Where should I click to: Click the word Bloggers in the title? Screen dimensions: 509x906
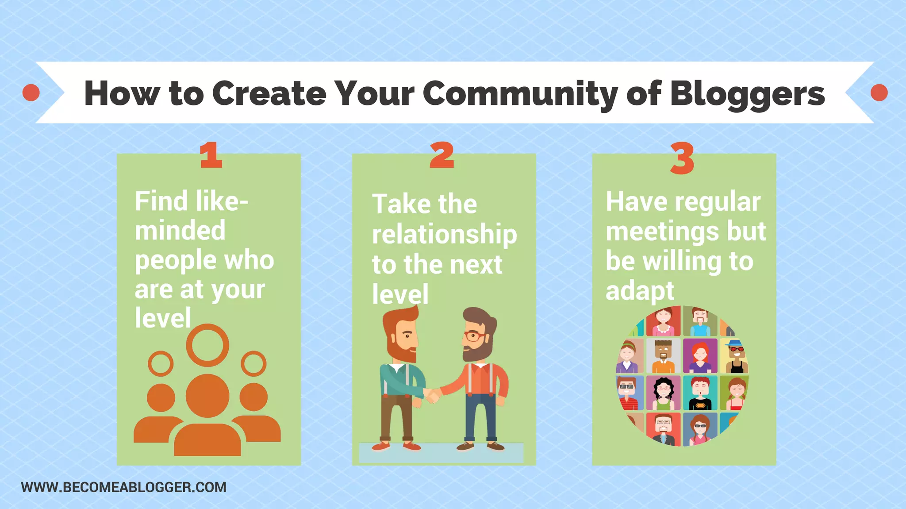point(748,94)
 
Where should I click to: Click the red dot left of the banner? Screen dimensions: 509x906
point(31,93)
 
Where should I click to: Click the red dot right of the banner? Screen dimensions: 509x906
point(879,93)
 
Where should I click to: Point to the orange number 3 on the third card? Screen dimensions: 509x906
point(682,158)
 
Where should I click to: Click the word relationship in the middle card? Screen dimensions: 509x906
point(444,235)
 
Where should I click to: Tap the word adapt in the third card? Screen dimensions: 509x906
point(640,291)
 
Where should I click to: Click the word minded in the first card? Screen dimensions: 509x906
point(180,231)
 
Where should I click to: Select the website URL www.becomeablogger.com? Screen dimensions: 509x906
point(123,487)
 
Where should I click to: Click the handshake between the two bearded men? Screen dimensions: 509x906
point(433,395)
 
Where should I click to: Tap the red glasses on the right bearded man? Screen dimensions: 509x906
point(474,336)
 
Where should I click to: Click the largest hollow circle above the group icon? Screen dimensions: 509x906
point(207,345)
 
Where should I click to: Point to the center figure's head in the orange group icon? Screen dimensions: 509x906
point(207,395)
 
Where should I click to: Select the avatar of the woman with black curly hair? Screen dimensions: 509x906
point(663,392)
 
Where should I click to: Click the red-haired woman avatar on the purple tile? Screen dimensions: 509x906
point(700,355)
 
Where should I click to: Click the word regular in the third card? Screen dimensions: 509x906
point(718,202)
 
